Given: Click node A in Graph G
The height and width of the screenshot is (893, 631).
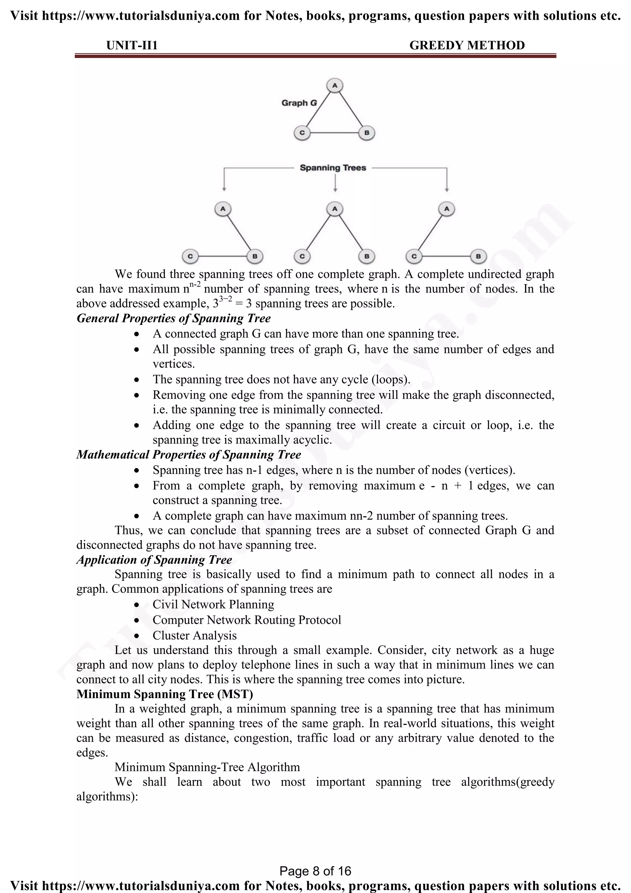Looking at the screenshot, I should [335, 85].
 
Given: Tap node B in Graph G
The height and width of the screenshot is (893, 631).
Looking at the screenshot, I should [366, 133].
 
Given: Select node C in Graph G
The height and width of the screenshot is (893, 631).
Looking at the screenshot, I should [302, 133].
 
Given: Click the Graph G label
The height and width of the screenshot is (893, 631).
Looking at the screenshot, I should [299, 103].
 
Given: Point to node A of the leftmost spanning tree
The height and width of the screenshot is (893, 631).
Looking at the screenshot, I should [223, 209].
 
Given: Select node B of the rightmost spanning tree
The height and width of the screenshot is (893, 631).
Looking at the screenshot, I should [478, 256].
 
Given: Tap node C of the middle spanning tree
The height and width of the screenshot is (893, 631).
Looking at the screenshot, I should [302, 256].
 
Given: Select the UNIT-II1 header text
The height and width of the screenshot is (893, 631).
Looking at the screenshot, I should [132, 46].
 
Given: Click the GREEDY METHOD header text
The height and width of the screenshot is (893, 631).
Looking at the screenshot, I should [467, 46].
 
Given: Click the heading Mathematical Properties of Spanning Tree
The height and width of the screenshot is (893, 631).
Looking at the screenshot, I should [189, 455].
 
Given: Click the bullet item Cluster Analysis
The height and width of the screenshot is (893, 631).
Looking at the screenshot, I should [194, 636].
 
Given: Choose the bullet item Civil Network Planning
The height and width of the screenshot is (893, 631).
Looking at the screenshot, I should [213, 604].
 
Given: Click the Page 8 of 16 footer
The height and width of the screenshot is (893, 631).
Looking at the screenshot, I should [315, 871].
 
